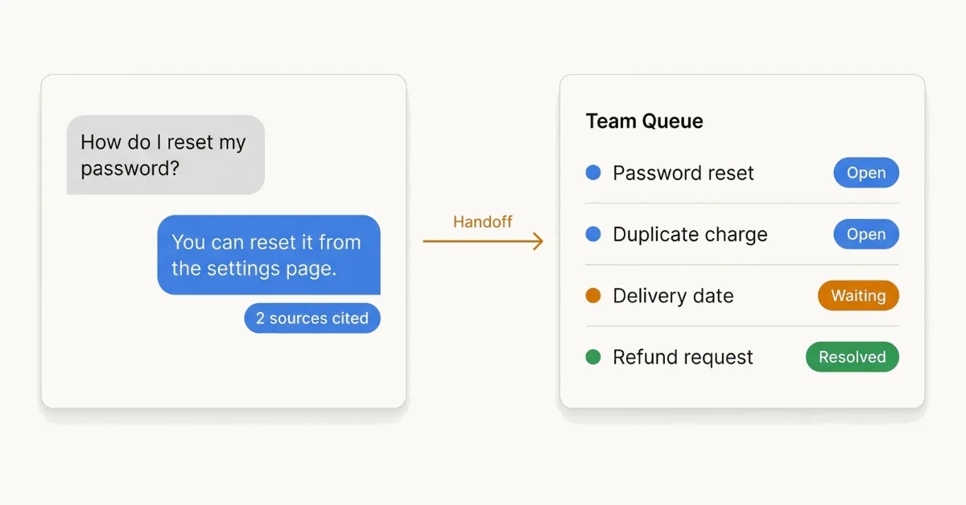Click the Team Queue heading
(x=644, y=121)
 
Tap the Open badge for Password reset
(x=866, y=172)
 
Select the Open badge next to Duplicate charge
(x=866, y=234)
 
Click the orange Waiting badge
(x=858, y=296)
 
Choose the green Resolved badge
(x=852, y=357)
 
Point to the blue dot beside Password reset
(x=593, y=172)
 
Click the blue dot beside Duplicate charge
(x=593, y=234)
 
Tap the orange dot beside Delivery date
(x=593, y=296)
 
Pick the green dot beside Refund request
(x=593, y=357)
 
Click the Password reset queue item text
(x=683, y=173)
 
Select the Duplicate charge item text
(x=690, y=235)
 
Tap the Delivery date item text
(x=673, y=297)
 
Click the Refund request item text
(x=683, y=358)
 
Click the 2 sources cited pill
(x=312, y=318)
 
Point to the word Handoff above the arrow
(x=482, y=222)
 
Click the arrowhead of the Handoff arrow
(x=542, y=241)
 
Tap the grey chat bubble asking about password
(x=166, y=154)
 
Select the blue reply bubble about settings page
(x=269, y=255)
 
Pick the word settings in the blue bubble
(x=243, y=269)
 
